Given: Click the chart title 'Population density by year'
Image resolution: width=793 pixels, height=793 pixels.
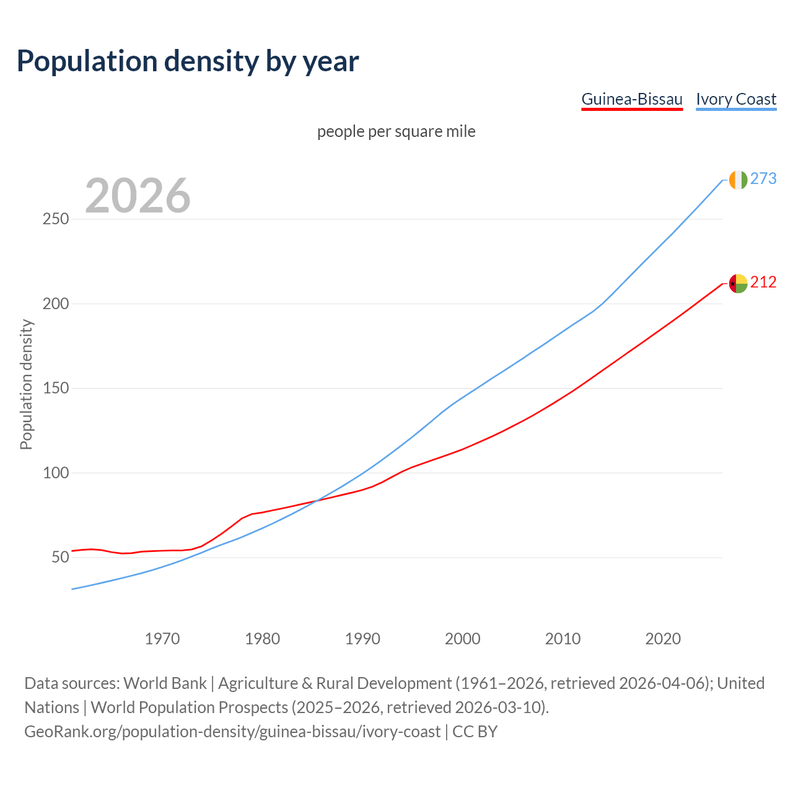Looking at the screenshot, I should [x=188, y=61].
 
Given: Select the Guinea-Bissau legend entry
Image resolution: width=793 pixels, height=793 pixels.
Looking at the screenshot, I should [x=631, y=100].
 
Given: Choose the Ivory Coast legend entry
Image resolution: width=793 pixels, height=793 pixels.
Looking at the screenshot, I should [x=736, y=100].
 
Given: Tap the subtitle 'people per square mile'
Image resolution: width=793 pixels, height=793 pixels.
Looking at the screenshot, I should [x=396, y=132].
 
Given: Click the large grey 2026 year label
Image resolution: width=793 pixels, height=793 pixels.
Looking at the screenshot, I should [x=138, y=196].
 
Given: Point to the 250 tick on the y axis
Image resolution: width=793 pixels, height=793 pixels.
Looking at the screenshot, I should [x=55, y=219].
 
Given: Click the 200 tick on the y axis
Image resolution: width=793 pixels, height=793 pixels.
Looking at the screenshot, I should [x=55, y=304].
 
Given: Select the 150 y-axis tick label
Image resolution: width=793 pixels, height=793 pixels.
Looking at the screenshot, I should [x=55, y=388].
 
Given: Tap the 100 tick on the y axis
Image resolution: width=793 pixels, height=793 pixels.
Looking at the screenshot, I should [x=55, y=473].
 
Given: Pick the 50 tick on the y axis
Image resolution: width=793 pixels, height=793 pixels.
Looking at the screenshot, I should [x=59, y=558].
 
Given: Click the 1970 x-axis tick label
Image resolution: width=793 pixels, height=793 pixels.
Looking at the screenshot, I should [x=162, y=639].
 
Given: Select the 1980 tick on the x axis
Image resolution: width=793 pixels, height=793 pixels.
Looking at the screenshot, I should [x=263, y=639].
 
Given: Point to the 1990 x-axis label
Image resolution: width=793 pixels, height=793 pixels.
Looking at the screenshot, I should [x=362, y=639].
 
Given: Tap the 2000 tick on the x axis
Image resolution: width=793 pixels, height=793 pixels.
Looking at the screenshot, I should [x=463, y=639].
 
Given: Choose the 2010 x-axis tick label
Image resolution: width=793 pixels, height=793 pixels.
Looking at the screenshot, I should [x=563, y=639].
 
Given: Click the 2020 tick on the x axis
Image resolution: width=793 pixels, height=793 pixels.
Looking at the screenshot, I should [x=663, y=639].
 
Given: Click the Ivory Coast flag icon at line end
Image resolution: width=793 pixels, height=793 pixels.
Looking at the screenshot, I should [x=738, y=180].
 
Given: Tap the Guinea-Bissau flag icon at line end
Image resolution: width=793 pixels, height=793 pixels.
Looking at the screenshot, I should [x=738, y=283].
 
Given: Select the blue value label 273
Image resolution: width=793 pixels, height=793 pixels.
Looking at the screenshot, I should [x=763, y=179].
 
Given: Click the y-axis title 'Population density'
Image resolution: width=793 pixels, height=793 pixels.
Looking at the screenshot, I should [x=26, y=384].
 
